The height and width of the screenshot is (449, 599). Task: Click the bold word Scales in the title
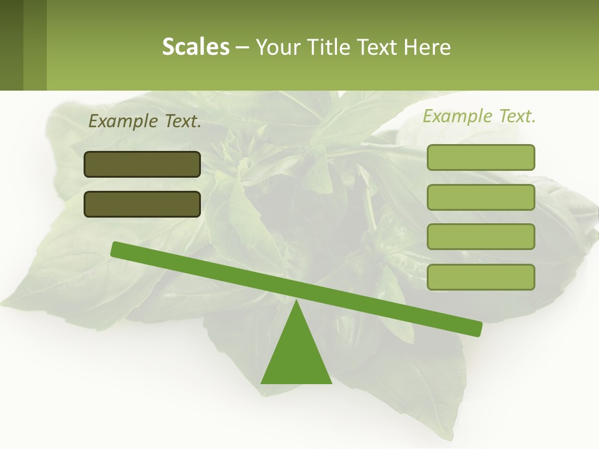point(196,47)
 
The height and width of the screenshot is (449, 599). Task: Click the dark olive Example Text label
point(145,122)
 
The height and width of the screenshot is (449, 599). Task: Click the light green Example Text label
point(479,116)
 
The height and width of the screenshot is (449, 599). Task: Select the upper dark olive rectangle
point(142,164)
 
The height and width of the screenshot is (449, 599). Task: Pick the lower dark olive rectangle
point(142,204)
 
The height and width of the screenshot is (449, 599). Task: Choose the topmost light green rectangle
point(480,157)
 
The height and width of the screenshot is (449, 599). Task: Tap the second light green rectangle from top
point(480,197)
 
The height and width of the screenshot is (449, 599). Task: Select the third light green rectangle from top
point(480,236)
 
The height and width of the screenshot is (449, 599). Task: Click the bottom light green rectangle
point(480,277)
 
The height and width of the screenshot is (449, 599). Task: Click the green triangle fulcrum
point(296,355)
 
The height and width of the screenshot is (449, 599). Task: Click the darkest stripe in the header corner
point(11,45)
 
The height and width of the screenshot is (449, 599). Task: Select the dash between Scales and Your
point(242,47)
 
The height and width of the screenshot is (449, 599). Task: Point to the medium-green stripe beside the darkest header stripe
point(35,45)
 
